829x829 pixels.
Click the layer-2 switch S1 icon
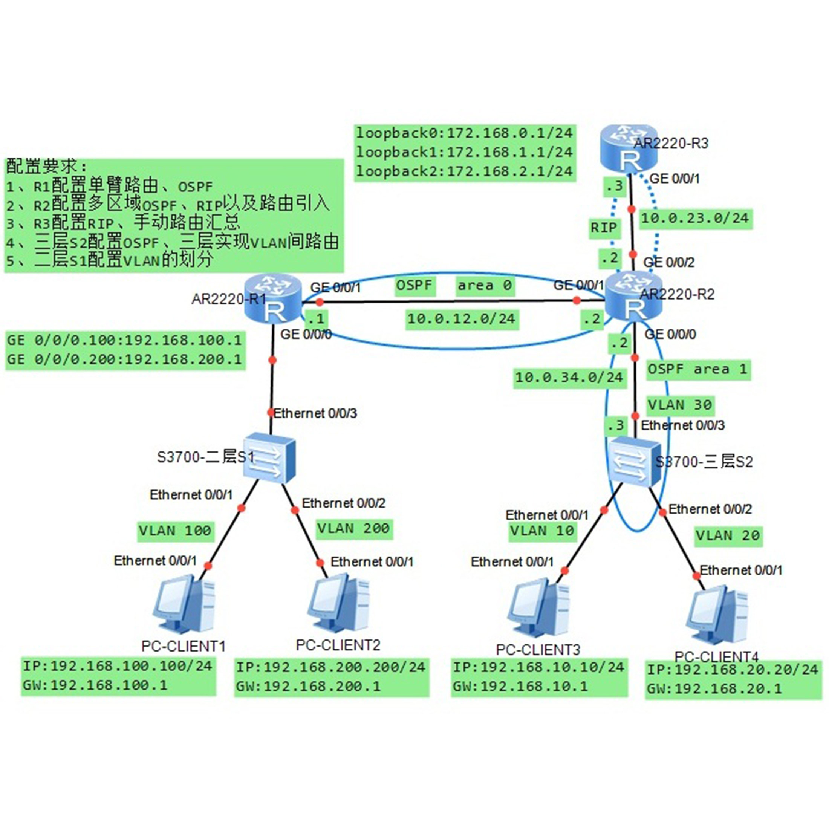(x=269, y=458)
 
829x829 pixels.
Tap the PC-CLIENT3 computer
(x=538, y=609)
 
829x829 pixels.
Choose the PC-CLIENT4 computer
(x=717, y=616)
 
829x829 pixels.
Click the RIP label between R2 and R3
(x=604, y=228)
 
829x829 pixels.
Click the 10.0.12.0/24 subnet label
(x=462, y=319)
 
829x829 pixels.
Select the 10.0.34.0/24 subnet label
(x=569, y=378)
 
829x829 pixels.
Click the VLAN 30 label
(x=680, y=405)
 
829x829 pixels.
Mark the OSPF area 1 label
(x=698, y=369)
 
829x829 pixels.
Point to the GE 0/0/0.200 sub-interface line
(x=124, y=359)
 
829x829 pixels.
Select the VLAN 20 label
(x=728, y=536)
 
